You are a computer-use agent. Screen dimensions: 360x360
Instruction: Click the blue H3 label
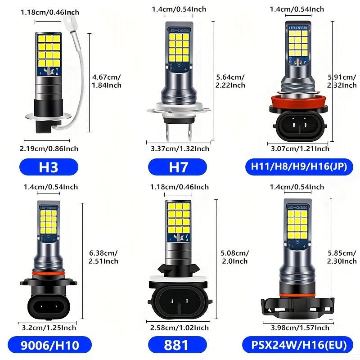[x=49, y=167]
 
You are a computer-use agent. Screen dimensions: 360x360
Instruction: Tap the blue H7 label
[x=178, y=167]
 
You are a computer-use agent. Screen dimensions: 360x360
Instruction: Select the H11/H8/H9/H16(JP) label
[x=298, y=167]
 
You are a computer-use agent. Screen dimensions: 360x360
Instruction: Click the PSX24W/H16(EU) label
[x=298, y=345]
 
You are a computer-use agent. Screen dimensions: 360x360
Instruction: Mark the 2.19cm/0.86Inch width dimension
[x=49, y=148]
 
